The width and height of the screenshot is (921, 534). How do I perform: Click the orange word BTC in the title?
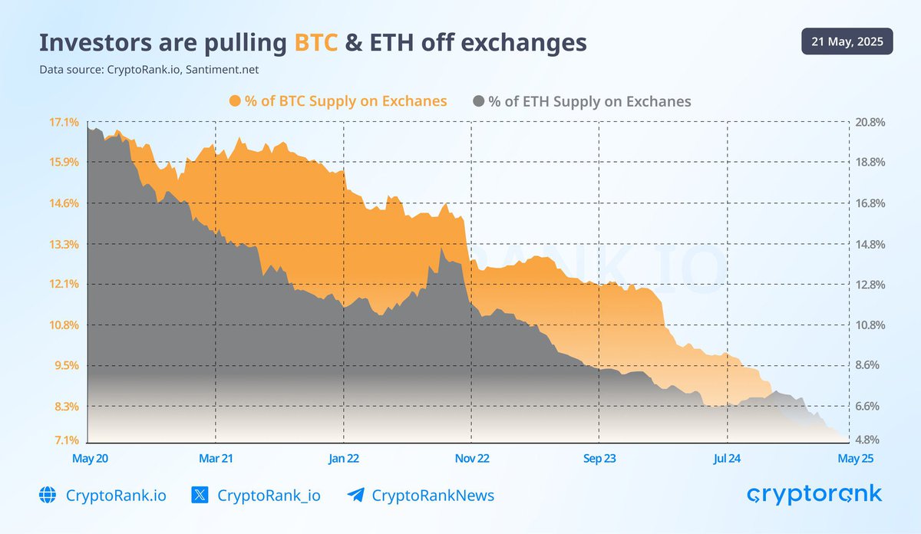316,43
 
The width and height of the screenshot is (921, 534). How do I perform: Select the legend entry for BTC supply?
338,101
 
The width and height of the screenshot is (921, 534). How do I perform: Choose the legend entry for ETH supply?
583,101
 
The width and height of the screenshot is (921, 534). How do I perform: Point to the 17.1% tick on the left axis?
64,122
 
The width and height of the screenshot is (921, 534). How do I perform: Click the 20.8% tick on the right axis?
870,122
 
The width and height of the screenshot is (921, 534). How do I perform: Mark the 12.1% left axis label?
64,284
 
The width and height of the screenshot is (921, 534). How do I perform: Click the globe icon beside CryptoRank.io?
48,495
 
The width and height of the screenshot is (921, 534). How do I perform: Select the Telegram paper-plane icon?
355,495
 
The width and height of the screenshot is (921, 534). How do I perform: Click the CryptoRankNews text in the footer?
433,496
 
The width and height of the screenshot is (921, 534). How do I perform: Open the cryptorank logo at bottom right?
814,495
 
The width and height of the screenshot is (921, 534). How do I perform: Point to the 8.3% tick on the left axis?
66,406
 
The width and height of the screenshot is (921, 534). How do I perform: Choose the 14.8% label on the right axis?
870,244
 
